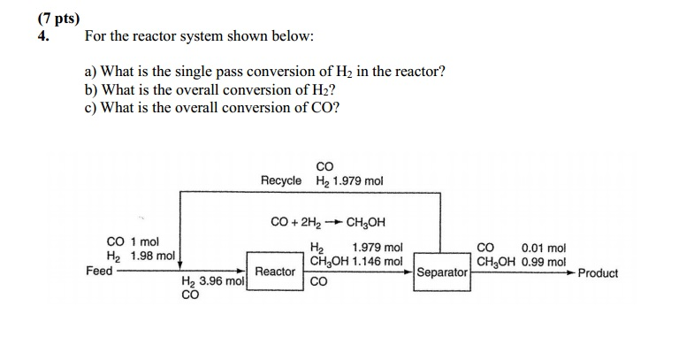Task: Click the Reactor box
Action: click(x=275, y=271)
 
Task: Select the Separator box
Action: click(x=442, y=272)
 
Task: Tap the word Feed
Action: click(x=99, y=271)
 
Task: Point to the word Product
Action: click(x=598, y=273)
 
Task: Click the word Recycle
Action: click(x=281, y=180)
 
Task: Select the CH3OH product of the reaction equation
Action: click(x=366, y=222)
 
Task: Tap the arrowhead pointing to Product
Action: click(x=571, y=272)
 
